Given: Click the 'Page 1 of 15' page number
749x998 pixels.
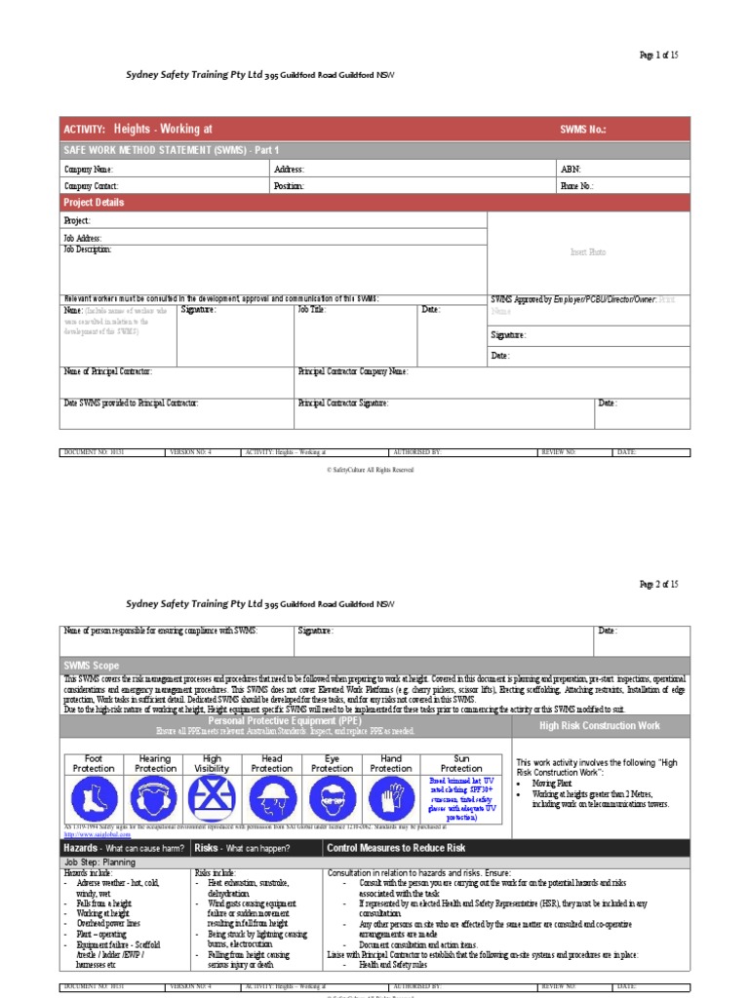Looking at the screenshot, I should pos(658,56).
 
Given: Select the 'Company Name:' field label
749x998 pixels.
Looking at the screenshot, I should pos(89,170).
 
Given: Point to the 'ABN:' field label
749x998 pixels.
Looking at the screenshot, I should pos(570,170).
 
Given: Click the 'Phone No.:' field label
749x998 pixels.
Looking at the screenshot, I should pos(576,185).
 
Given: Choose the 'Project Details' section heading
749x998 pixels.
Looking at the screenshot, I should pos(94,203).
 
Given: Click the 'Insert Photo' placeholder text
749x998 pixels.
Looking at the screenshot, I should pos(588,252).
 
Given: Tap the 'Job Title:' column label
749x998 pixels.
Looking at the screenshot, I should pos(311,310).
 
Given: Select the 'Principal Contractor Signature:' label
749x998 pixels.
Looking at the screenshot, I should pos(343,403).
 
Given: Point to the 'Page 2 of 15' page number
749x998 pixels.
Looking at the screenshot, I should pos(658,585).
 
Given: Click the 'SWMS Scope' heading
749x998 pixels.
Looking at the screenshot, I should pos(92,665).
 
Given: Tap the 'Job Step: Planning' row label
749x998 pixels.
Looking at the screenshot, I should pos(100,863).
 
